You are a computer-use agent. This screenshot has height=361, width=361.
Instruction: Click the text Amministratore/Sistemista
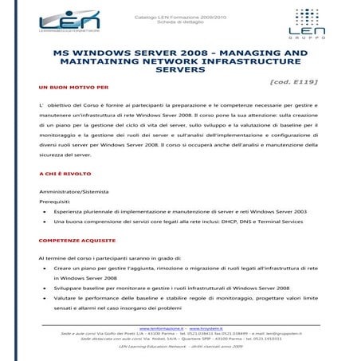tap(75, 193)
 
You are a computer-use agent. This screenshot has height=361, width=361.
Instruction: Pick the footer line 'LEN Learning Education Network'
tap(179, 347)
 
